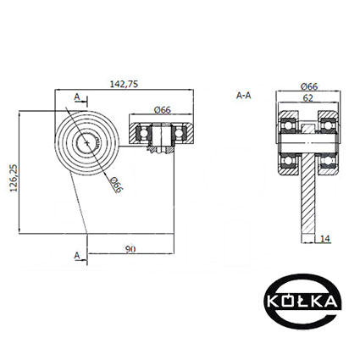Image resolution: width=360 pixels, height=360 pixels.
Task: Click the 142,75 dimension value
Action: [x=124, y=84]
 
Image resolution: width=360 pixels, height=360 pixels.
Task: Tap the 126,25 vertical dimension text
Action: [x=14, y=178]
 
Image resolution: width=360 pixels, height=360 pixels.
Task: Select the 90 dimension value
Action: [x=130, y=249]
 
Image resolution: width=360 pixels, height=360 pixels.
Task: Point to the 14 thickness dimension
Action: [x=325, y=239]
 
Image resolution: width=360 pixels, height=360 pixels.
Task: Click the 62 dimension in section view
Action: [x=308, y=98]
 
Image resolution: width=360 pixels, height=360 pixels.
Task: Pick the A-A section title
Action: [x=243, y=96]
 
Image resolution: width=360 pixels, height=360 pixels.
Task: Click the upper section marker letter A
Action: [x=77, y=97]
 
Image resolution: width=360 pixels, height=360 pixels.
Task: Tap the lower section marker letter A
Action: [x=77, y=256]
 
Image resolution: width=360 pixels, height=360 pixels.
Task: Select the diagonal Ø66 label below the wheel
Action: [x=116, y=185]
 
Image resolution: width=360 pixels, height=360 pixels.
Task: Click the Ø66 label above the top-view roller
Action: [x=163, y=109]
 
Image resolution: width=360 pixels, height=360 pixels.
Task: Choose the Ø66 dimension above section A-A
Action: [x=309, y=86]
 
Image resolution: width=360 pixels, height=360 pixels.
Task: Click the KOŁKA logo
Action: [x=302, y=302]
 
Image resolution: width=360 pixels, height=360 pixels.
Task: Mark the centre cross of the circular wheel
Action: [x=87, y=143]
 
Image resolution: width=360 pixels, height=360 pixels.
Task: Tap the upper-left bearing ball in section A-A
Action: [x=288, y=125]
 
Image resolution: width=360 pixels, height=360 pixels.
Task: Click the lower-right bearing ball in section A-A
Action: [x=327, y=161]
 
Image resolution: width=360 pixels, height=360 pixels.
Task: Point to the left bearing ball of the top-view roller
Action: [x=144, y=133]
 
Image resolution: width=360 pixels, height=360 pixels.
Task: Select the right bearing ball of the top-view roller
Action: [x=179, y=133]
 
